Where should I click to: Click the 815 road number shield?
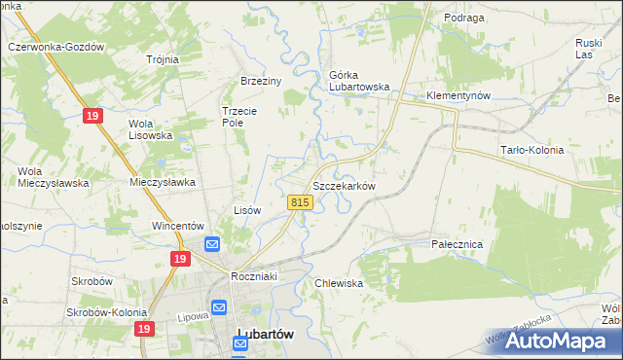click(x=300, y=202)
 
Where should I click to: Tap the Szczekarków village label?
click(x=343, y=185)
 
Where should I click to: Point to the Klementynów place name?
click(x=458, y=95)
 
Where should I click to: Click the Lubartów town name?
click(x=266, y=334)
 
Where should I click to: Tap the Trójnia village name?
click(x=163, y=59)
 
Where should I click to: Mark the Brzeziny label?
click(x=261, y=82)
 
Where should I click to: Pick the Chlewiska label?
click(x=339, y=283)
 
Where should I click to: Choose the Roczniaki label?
click(x=255, y=276)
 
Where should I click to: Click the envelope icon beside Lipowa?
click(x=219, y=307)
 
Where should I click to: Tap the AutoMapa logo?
click(x=556, y=340)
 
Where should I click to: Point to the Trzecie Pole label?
click(x=238, y=117)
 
